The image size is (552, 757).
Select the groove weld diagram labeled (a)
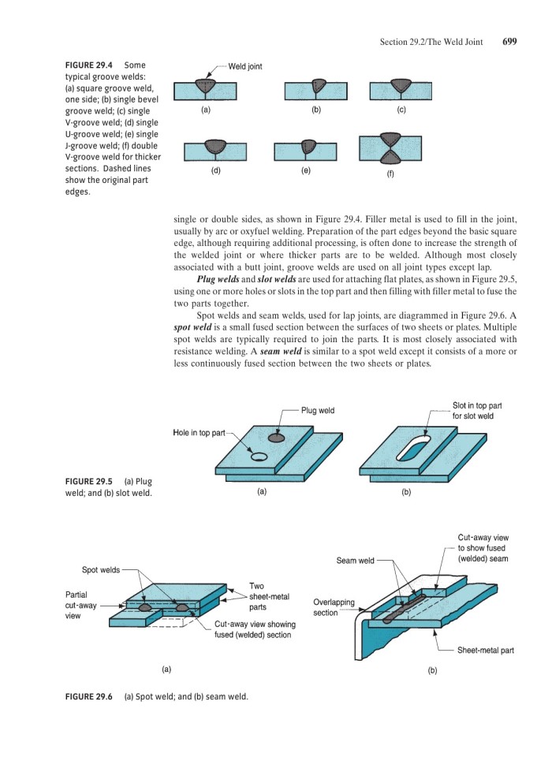[x=205, y=89]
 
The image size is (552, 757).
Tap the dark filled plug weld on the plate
[x=277, y=438]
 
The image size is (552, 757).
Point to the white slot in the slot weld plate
[x=414, y=449]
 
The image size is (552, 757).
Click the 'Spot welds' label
[x=102, y=569]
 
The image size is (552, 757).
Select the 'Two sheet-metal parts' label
[x=267, y=597]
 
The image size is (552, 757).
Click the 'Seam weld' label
[x=355, y=561]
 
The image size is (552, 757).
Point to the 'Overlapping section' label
[x=334, y=607]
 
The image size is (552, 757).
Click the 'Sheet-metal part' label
[x=485, y=651]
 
